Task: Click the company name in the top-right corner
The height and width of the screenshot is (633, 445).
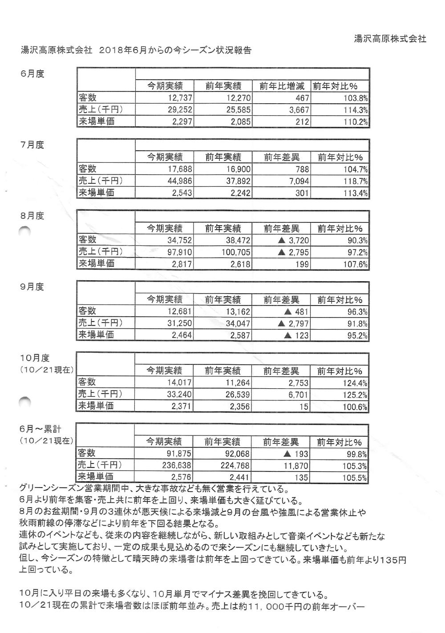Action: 390,39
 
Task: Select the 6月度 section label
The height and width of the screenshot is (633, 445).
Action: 32,74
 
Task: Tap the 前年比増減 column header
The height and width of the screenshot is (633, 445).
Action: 282,86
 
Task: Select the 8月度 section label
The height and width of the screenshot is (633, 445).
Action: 32,216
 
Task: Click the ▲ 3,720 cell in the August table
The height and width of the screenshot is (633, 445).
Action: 293,241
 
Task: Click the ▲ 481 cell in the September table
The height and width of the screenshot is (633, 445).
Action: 296,311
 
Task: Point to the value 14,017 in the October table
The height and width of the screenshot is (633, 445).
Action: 179,383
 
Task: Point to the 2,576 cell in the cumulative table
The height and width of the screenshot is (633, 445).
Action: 181,477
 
